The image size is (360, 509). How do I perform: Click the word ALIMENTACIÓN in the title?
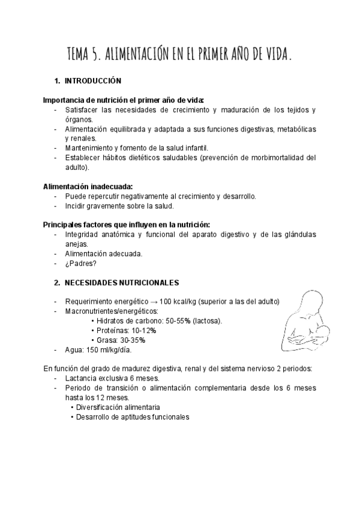[x=136, y=55]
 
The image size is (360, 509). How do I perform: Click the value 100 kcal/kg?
[x=178, y=301]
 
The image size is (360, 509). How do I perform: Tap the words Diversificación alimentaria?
[x=113, y=408]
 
